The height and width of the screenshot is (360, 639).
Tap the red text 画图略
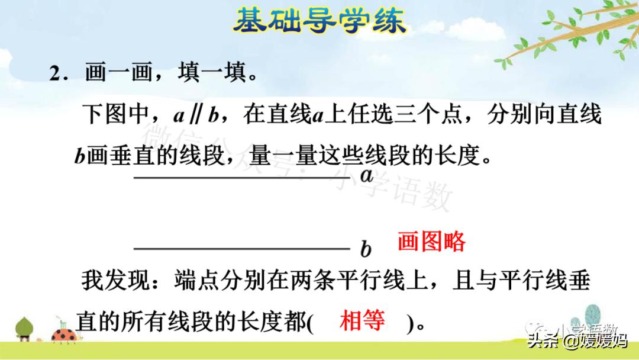431,242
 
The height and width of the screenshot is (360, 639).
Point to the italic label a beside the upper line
367,175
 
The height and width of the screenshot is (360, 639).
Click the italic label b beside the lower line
366,250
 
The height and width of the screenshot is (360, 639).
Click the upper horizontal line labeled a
243,176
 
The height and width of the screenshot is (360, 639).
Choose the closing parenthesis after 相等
409,324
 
